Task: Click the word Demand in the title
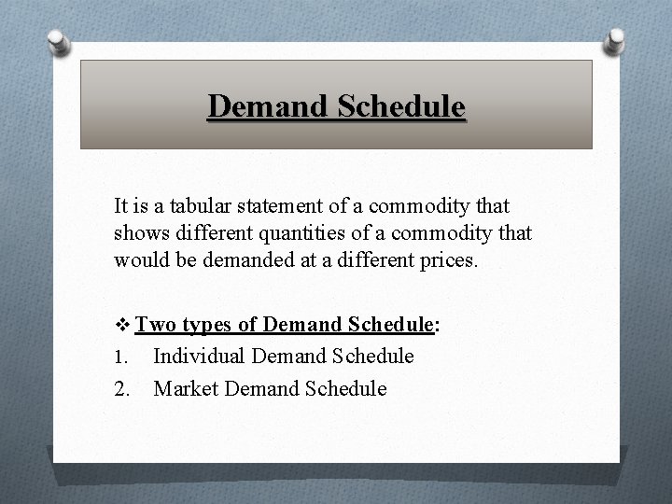(260, 106)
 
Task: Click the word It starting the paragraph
(122, 203)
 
